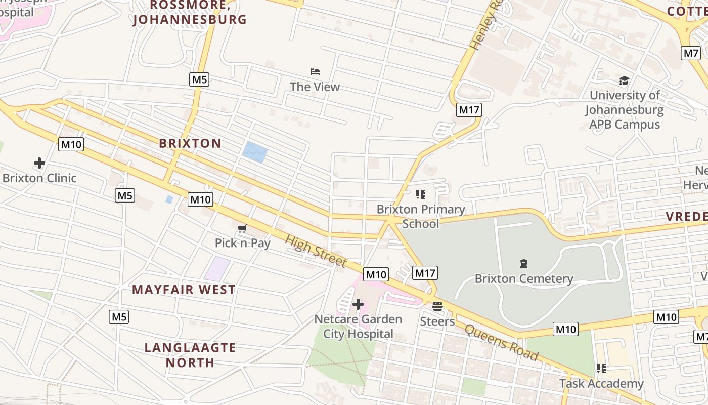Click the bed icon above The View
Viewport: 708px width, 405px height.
[315, 72]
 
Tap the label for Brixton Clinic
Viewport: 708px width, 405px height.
[39, 178]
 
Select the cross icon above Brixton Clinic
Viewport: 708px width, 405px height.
[39, 163]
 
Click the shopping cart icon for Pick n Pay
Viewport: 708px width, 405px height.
[242, 229]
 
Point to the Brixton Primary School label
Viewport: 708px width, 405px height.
[421, 216]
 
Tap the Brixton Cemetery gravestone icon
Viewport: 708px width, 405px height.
[523, 264]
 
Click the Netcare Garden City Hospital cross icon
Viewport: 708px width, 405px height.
[358, 304]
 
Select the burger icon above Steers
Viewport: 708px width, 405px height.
[437, 306]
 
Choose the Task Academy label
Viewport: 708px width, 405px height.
[601, 384]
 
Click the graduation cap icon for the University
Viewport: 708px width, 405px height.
[624, 81]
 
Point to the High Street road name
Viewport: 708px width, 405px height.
[316, 251]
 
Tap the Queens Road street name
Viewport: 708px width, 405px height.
[501, 343]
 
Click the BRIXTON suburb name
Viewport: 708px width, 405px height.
[190, 143]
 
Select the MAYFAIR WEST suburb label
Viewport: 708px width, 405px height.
[184, 290]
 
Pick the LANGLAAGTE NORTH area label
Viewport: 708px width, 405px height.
[190, 355]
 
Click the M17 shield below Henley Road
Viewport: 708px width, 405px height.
[469, 110]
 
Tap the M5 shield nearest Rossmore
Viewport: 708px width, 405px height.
[199, 79]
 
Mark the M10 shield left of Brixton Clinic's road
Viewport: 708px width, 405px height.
[71, 144]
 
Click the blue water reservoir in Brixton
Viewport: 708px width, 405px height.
[254, 152]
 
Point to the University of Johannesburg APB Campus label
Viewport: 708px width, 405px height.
[625, 110]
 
